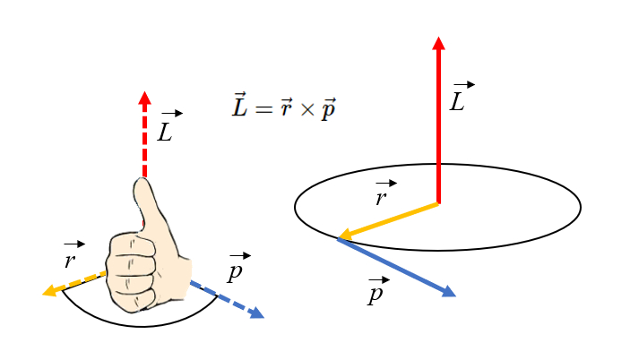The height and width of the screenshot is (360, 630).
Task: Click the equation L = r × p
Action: pos(284,107)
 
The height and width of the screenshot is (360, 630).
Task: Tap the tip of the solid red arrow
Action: pos(438,39)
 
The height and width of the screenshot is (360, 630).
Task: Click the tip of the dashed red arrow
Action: pos(144,92)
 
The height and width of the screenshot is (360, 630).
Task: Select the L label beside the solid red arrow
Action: pos(459,99)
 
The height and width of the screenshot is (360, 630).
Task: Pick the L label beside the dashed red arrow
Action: pos(167,129)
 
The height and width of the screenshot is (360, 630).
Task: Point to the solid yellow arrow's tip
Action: pos(338,238)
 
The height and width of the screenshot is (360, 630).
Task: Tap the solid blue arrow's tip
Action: pos(454,296)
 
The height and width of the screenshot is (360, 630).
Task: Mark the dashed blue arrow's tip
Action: pos(263,317)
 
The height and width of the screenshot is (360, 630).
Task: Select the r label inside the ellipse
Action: pos(383,195)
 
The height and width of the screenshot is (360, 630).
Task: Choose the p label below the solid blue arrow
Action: pos(375,292)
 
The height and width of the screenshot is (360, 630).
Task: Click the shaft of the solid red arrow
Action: pos(438,125)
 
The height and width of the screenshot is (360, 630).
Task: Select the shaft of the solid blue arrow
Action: pos(394,266)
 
